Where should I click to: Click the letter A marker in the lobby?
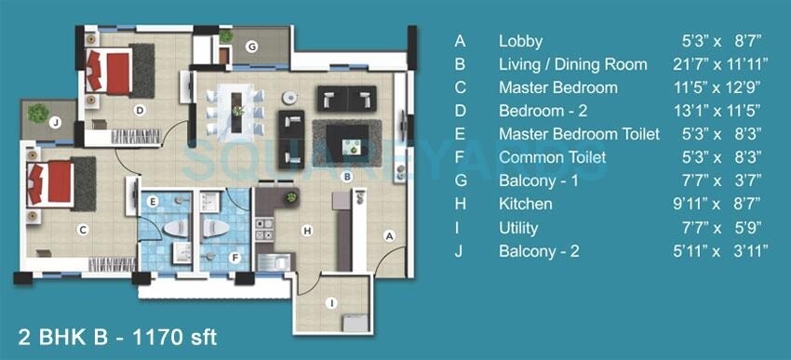pos(390,236)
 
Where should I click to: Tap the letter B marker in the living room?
pos(346,176)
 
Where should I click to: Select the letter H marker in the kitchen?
pos(304,230)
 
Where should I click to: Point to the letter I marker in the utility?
pos(329,302)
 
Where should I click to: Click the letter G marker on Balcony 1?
pos(251,47)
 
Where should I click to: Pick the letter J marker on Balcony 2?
pos(56,122)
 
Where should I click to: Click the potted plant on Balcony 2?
pos(37,113)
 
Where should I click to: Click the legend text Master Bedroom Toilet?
pos(579,134)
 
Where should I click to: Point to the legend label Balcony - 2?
pos(539,251)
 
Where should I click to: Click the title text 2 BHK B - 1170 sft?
pos(117,337)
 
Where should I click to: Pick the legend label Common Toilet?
pos(552,157)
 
